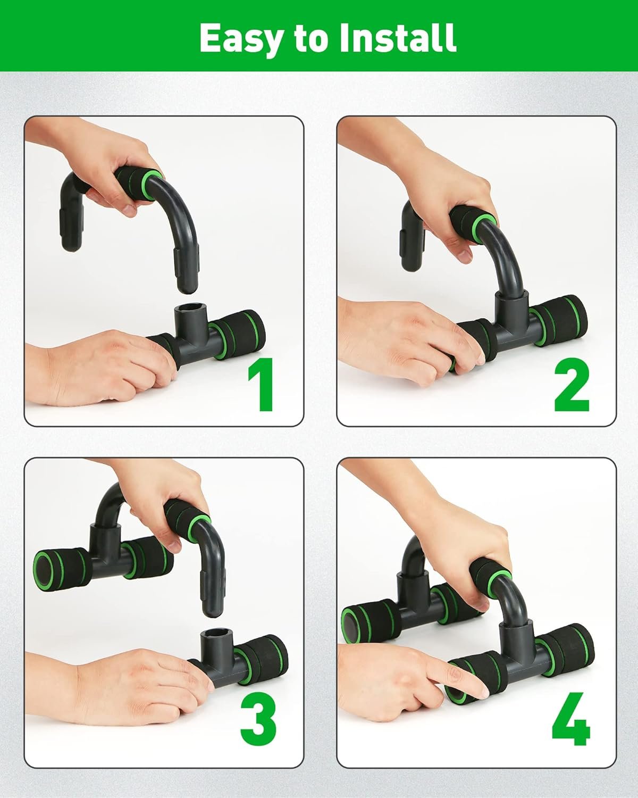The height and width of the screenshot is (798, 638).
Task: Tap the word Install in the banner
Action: click(397, 37)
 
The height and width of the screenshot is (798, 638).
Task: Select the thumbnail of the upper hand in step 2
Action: click(464, 256)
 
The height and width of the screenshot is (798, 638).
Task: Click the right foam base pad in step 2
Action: click(560, 320)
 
